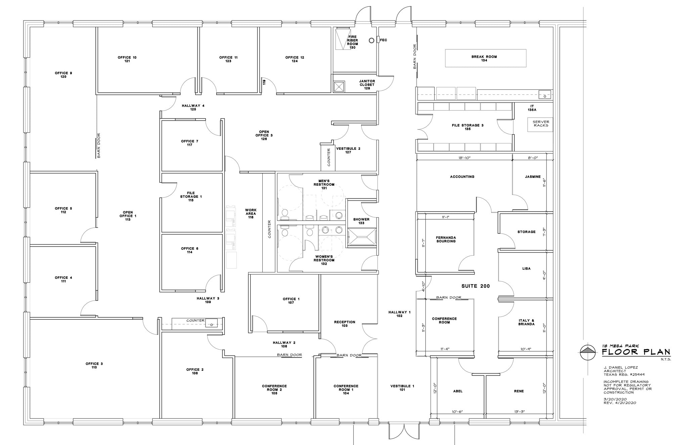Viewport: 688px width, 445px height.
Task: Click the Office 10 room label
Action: point(127,59)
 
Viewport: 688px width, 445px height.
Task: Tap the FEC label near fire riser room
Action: point(383,40)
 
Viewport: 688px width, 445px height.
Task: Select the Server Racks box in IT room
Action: point(541,124)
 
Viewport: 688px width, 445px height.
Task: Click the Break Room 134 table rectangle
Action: point(485,58)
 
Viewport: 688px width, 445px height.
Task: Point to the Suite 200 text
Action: point(475,286)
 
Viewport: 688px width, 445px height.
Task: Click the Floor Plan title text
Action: point(636,352)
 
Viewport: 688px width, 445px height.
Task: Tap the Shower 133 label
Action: point(361,221)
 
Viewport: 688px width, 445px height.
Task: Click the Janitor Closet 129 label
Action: point(367,85)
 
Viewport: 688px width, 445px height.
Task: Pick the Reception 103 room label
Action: point(344,324)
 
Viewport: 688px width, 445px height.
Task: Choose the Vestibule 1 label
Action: point(402,388)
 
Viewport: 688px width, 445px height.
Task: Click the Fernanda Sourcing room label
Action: point(446,239)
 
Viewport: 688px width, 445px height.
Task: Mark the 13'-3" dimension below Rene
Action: point(519,411)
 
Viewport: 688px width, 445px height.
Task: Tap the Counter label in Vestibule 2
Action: point(329,157)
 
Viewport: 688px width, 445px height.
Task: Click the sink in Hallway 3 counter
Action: point(212,324)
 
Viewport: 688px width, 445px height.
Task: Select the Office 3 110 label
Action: point(94,365)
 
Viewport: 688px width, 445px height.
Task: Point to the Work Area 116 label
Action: point(251,214)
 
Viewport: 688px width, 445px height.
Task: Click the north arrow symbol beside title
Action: point(588,351)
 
